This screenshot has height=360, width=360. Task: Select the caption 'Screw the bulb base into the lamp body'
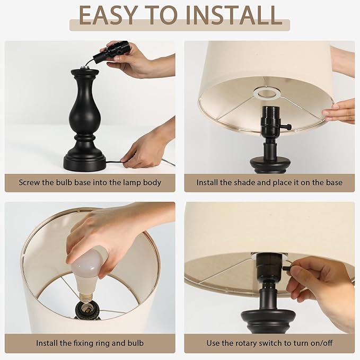tap(90, 182)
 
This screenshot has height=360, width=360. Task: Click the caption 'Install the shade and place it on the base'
tap(269, 182)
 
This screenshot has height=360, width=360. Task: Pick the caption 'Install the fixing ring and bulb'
tap(90, 343)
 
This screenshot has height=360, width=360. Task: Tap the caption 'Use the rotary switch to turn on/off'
tap(269, 343)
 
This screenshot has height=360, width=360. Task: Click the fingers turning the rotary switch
tap(302, 270)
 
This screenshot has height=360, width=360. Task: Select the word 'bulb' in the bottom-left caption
tap(134, 343)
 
